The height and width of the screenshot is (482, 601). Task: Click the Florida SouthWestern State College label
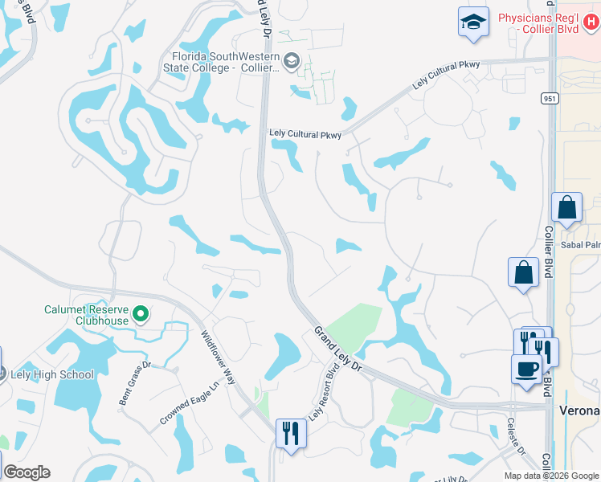coord(225,62)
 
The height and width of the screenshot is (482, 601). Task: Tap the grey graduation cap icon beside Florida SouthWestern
coord(291,60)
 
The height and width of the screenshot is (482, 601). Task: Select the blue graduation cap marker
coord(473,22)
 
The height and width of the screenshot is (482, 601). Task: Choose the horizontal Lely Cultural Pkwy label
coord(305,135)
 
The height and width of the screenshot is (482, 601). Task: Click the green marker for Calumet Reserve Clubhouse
coord(141,313)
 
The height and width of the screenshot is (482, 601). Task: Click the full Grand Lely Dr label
coord(339,347)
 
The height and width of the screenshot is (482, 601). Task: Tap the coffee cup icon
coord(526,370)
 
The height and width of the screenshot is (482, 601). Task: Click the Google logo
coord(27,472)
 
